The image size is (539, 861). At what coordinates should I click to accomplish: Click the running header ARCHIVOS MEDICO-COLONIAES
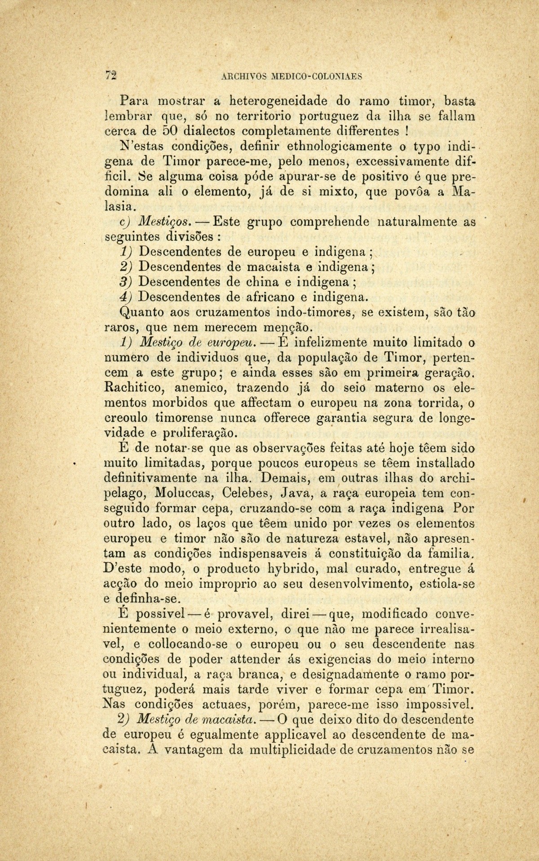click(292, 76)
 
